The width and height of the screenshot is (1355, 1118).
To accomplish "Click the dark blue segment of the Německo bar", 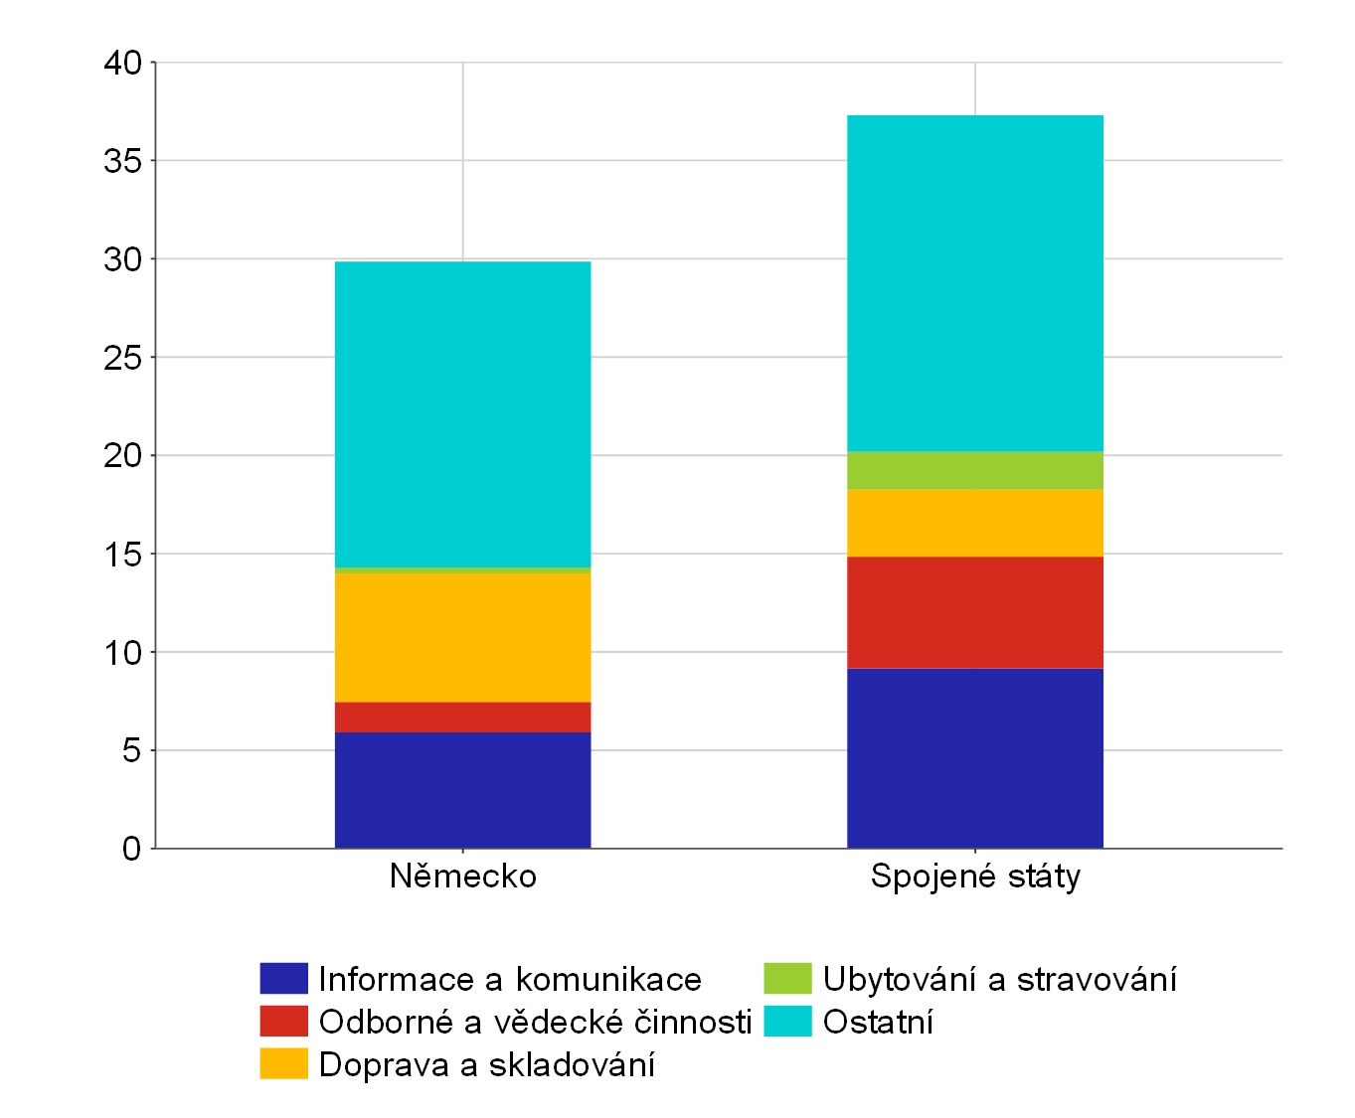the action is pos(462,790).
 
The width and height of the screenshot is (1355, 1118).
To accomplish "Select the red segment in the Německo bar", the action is pos(462,717).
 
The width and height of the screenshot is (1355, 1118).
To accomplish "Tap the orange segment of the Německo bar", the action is pos(462,637).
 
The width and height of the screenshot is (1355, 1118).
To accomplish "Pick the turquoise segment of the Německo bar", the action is pos(462,414).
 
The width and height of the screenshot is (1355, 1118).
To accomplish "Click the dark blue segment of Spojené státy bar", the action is pos(974,758).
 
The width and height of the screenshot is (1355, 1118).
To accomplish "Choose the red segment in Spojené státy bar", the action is pos(974,612).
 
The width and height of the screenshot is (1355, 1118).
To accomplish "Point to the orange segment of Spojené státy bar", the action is pos(974,523).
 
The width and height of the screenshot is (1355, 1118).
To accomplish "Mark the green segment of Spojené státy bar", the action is pos(974,470).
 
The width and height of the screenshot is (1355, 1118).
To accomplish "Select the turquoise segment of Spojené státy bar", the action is pos(974,283).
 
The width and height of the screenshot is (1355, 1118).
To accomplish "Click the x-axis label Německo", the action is pos(462,876).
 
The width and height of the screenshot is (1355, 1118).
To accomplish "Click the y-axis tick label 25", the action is pos(122,358).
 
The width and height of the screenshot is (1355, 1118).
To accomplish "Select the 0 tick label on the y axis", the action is pos(132,848).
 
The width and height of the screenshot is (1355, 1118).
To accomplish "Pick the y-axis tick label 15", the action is pos(122,555).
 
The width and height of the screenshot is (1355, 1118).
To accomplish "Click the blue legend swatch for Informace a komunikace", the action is pos(283,978).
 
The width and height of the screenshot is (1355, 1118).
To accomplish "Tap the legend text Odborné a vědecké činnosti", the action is pos(536,1022).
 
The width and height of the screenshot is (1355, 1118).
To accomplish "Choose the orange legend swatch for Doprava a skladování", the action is pos(283,1063).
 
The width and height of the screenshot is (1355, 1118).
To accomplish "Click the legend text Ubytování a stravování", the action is pos(999,979).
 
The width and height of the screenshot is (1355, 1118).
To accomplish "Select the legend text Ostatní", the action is pos(878,1022).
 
